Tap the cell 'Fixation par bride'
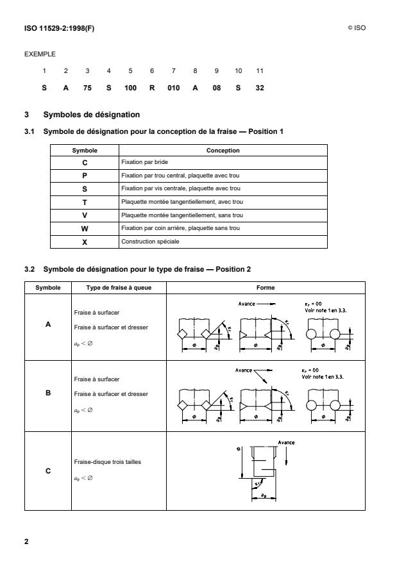(142, 162)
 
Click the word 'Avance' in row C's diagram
(285, 442)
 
